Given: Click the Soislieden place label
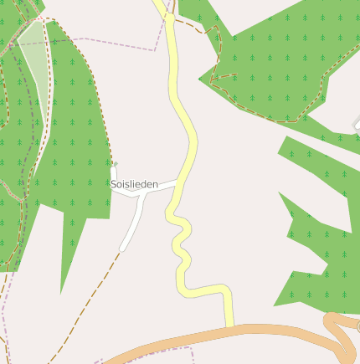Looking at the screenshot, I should click(134, 183).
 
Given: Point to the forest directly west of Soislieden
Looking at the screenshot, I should click(75, 151).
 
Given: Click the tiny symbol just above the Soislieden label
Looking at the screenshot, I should click(115, 164).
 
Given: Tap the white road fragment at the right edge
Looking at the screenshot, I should click(357, 126).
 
